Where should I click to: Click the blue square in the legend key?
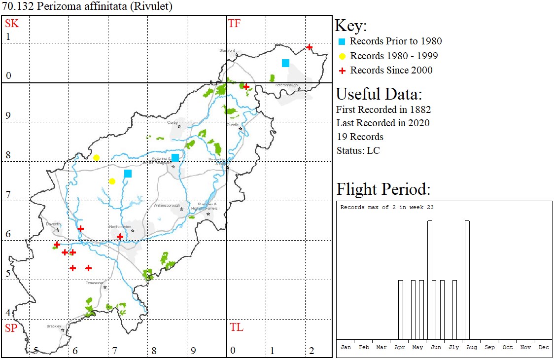(343, 41)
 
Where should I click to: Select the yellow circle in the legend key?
(343, 56)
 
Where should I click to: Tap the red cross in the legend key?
(343, 71)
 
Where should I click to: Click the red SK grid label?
(11, 23)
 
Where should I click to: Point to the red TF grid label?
(234, 23)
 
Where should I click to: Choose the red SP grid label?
(11, 328)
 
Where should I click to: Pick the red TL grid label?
(237, 327)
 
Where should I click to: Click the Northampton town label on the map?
(120, 226)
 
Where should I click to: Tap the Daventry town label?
(53, 224)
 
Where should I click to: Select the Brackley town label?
(54, 326)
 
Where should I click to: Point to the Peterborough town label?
(286, 85)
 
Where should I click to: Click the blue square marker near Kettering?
(175, 158)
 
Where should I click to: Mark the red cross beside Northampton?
(120, 237)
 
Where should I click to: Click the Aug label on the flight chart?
(472, 347)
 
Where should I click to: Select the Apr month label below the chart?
(400, 347)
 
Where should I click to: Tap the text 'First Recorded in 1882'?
(383, 109)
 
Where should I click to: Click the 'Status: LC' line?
(358, 150)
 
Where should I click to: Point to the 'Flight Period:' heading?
(383, 189)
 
